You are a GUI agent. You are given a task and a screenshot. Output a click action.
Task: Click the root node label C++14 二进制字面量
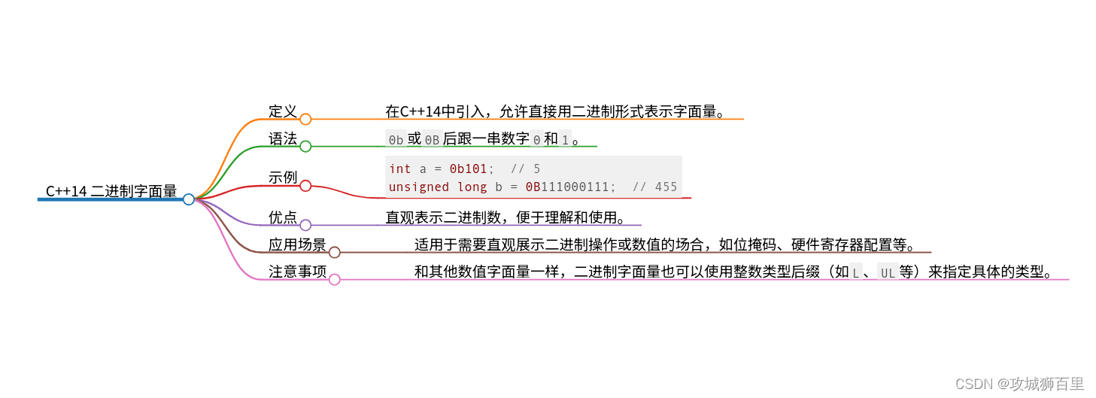click(x=111, y=191)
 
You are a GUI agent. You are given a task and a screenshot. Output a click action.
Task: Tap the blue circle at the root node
click(x=189, y=199)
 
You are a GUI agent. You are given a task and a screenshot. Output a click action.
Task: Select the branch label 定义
click(x=283, y=111)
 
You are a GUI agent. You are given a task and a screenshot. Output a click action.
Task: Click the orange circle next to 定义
click(x=305, y=119)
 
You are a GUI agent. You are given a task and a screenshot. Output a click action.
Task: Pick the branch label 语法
click(x=283, y=138)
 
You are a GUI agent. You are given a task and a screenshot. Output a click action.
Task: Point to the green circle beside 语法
click(x=305, y=146)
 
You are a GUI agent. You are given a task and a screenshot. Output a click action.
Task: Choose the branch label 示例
click(x=283, y=178)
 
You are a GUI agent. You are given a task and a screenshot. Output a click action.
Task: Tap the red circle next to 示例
click(x=305, y=186)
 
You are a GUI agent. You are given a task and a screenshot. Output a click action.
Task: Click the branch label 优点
click(x=283, y=217)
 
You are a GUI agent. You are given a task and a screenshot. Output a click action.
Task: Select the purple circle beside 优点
click(x=305, y=225)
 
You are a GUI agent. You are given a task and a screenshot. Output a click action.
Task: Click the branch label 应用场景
click(x=297, y=245)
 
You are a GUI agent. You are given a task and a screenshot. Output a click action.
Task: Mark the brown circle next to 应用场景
click(x=335, y=252)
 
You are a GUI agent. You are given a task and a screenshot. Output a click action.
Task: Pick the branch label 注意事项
click(x=297, y=272)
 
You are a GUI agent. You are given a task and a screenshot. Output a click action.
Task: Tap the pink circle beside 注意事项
click(x=335, y=279)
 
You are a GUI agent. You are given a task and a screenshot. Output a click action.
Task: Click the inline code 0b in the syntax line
click(x=396, y=139)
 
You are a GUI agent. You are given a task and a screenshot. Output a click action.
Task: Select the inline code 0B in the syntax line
click(x=432, y=139)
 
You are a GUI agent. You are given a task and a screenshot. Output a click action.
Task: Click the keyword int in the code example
click(x=400, y=169)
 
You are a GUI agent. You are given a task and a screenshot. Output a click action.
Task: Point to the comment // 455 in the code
click(x=654, y=187)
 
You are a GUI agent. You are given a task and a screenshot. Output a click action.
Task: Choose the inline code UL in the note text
click(x=888, y=272)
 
